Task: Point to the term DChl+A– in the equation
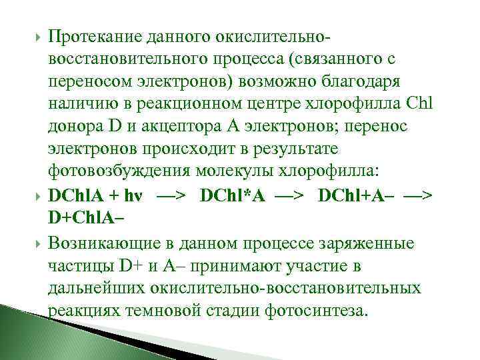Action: click(x=356, y=197)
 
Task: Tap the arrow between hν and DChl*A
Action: click(x=174, y=197)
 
